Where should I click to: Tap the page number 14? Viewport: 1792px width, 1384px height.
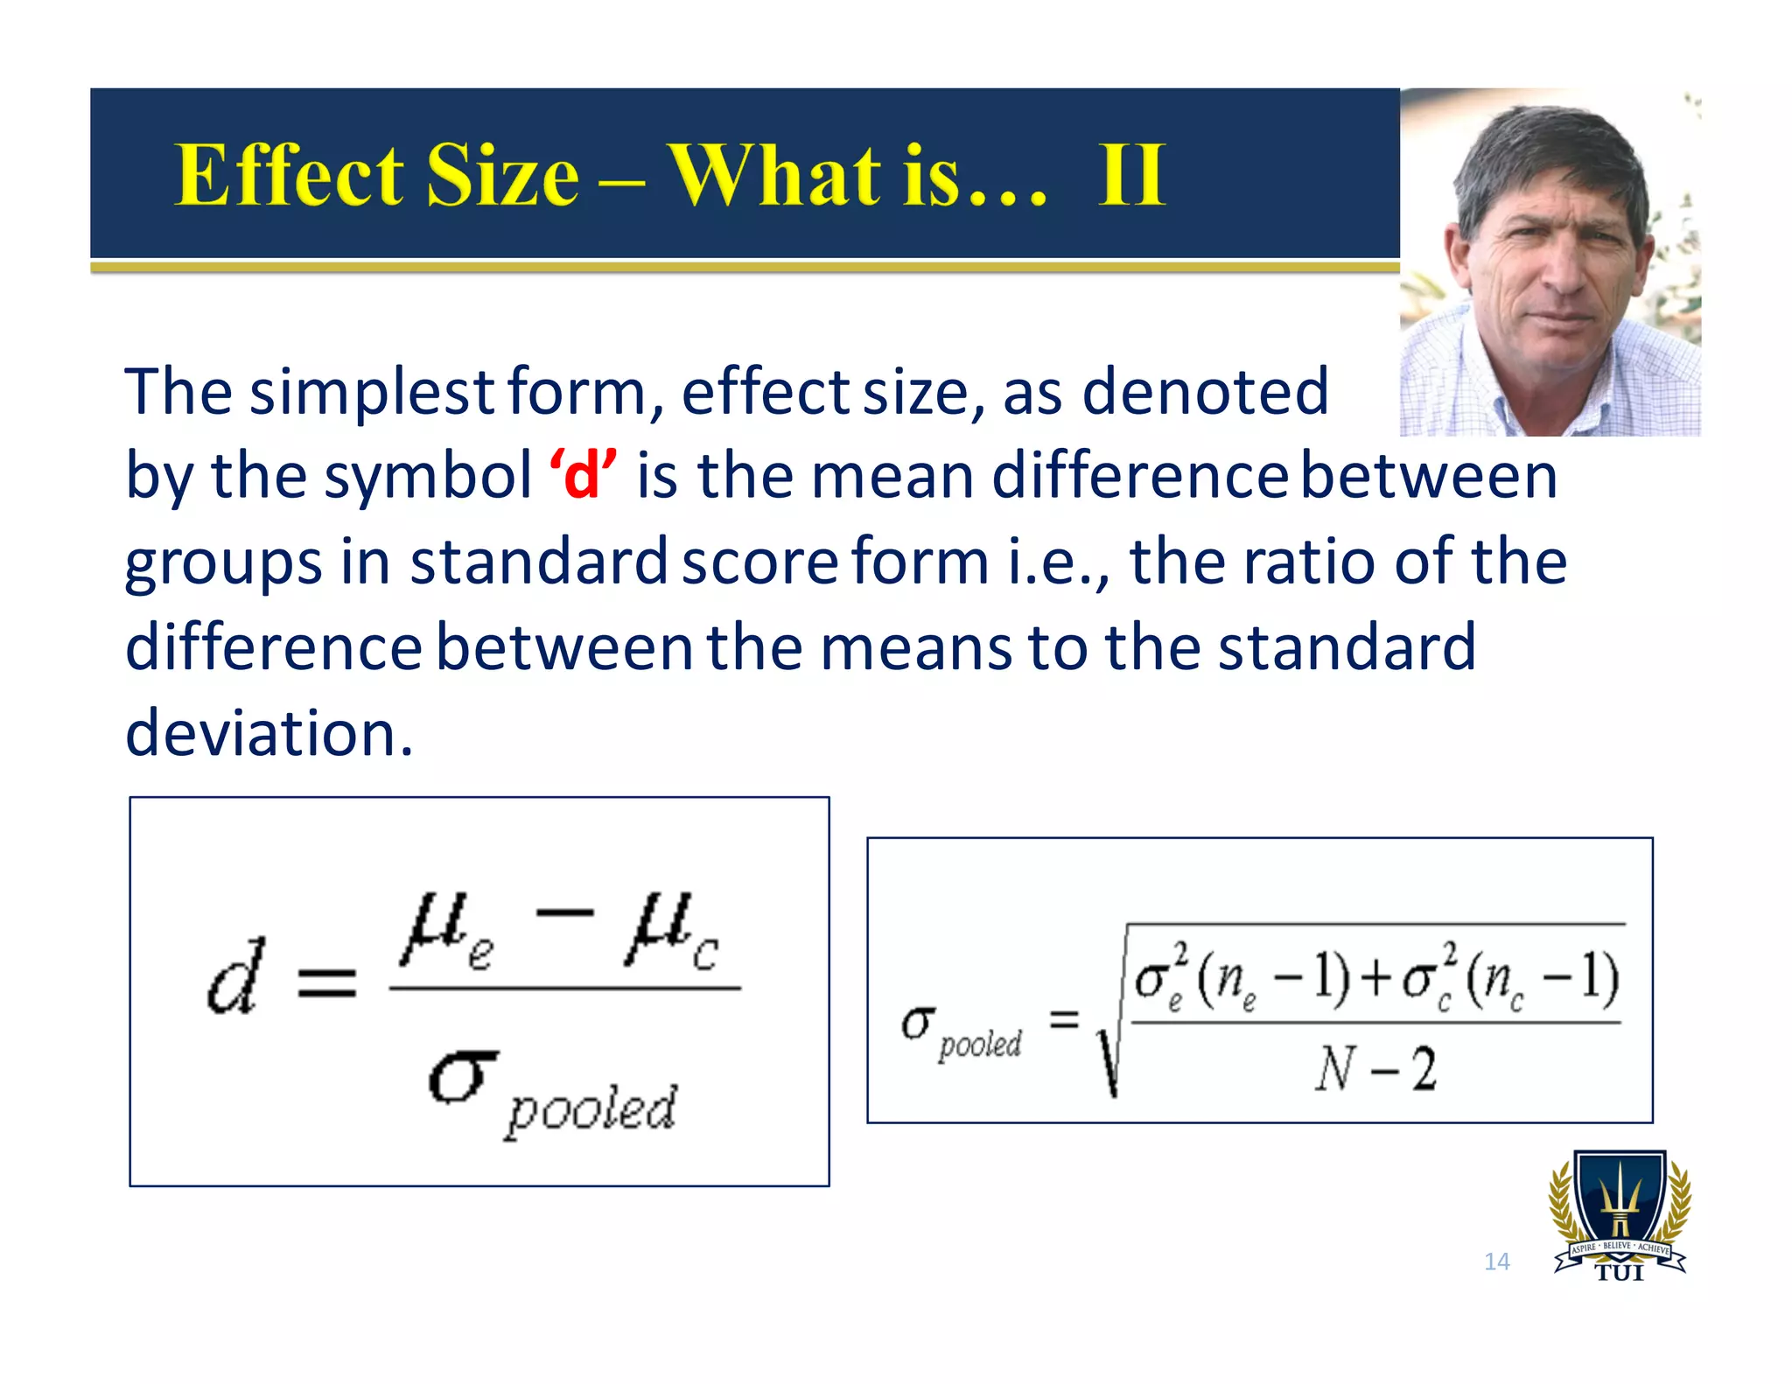[1496, 1262]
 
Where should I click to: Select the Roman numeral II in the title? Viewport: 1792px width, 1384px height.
[1131, 175]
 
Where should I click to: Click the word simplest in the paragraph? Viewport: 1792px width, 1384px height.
[373, 393]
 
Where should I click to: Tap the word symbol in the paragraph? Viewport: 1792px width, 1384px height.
[429, 478]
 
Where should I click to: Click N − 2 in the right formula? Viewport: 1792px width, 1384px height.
[1375, 1069]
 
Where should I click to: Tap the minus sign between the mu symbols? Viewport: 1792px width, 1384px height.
[564, 913]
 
